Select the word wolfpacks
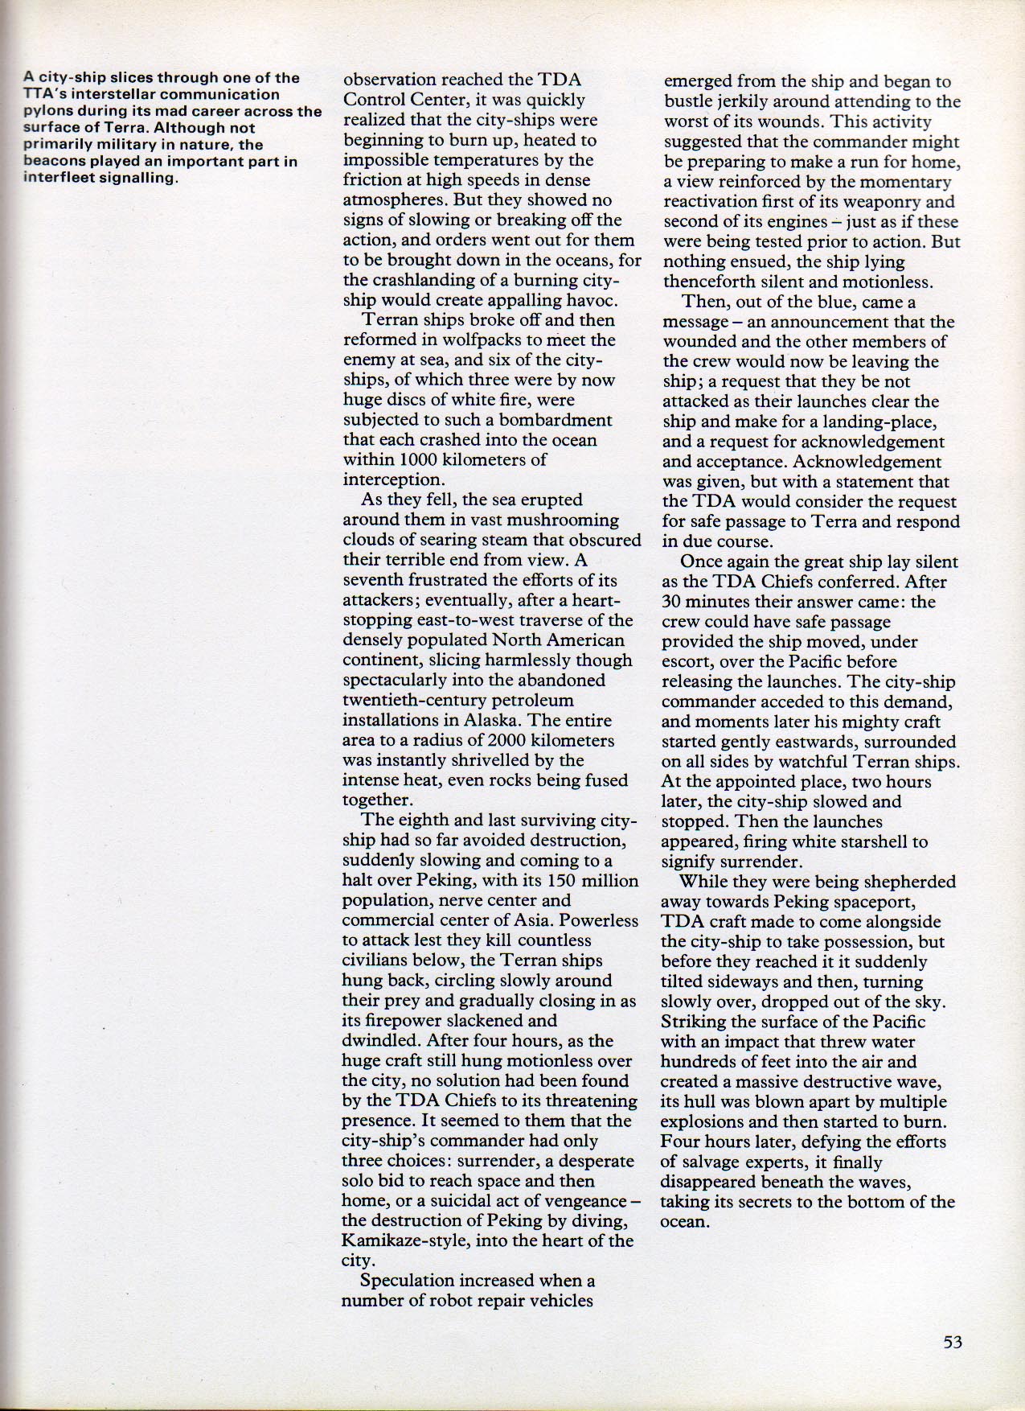click(x=464, y=340)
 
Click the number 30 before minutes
click(x=672, y=602)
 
